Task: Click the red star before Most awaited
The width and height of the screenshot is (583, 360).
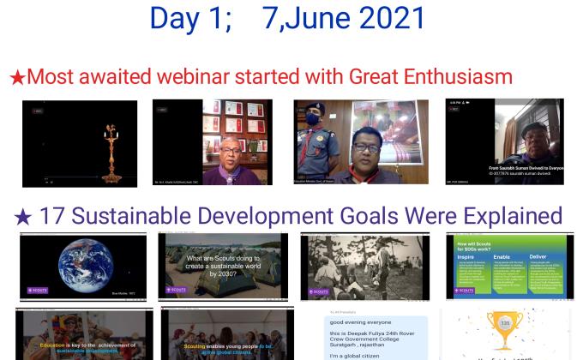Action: point(16,78)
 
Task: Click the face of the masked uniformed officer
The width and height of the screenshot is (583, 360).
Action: point(313,120)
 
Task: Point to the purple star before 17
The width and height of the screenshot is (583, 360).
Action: point(23,218)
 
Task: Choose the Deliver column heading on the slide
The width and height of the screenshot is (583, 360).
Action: point(538,255)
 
